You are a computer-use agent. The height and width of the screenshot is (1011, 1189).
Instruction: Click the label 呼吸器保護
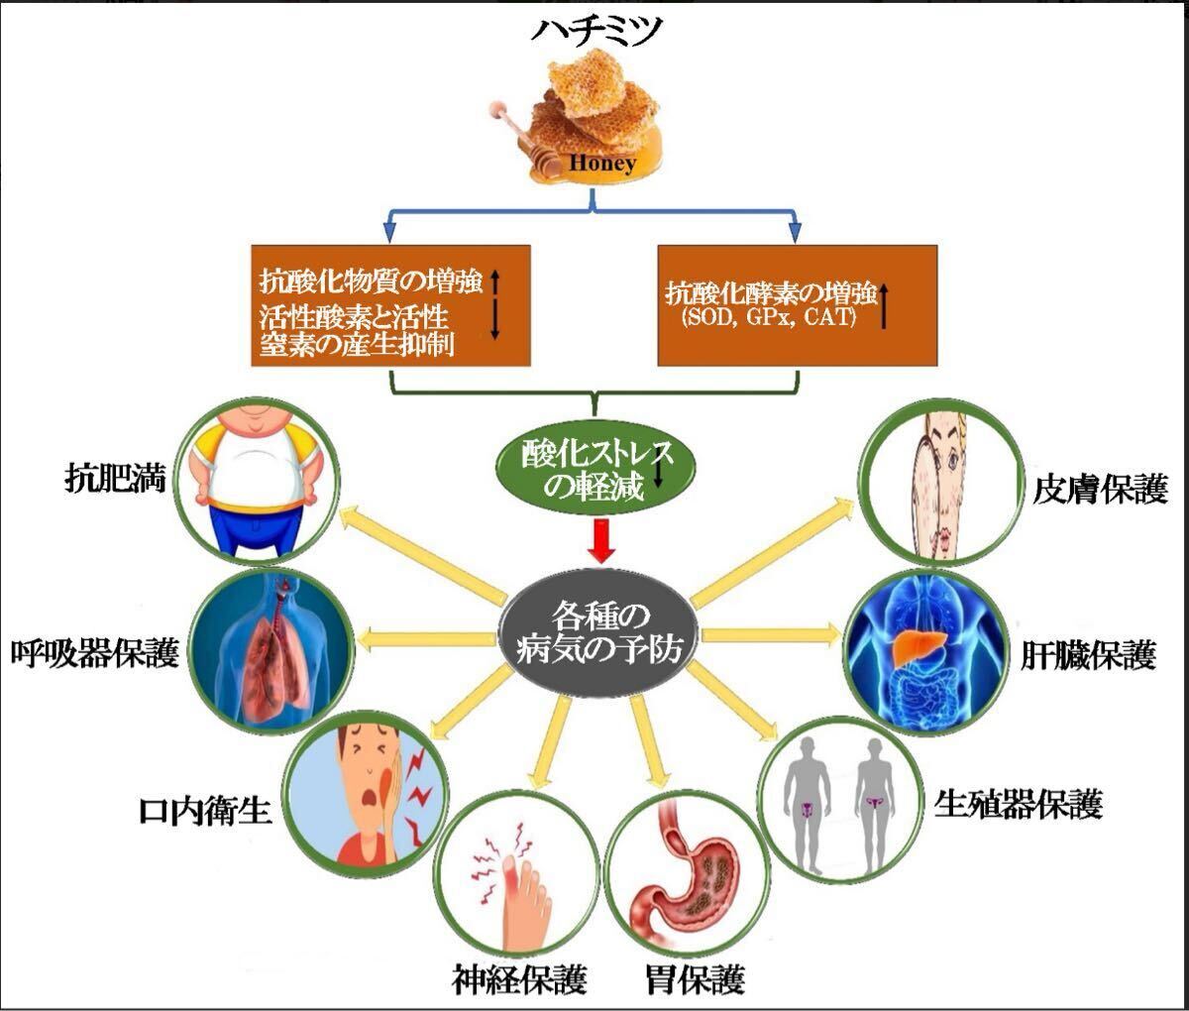[x=94, y=653]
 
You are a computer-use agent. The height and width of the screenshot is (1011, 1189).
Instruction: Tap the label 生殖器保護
[x=1019, y=804]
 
